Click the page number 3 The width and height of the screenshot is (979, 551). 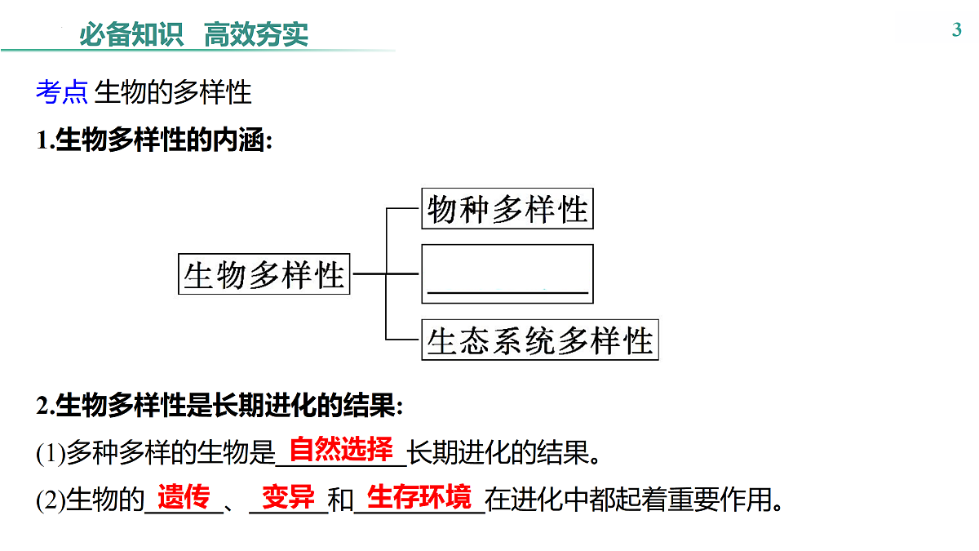tap(957, 30)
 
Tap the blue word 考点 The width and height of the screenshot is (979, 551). tap(62, 92)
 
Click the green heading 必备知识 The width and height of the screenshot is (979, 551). tap(131, 34)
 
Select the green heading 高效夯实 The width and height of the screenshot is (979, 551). tap(256, 34)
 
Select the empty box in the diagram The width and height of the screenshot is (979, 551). tap(507, 246)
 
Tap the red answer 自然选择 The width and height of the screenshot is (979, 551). tap(341, 449)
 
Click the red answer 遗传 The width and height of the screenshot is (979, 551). tap(184, 497)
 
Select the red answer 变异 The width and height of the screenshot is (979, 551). tap(289, 497)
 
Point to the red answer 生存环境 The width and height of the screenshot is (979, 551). tap(419, 497)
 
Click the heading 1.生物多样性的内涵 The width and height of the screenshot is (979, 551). tap(155, 140)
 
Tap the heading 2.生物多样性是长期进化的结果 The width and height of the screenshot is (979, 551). tap(219, 406)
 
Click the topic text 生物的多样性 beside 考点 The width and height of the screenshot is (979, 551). tap(173, 92)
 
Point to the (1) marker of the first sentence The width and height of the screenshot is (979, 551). tap(51, 453)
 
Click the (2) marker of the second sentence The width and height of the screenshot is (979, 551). tap(51, 500)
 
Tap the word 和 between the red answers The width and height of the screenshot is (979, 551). tap(340, 500)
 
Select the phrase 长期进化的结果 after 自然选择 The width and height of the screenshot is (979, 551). tap(498, 452)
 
